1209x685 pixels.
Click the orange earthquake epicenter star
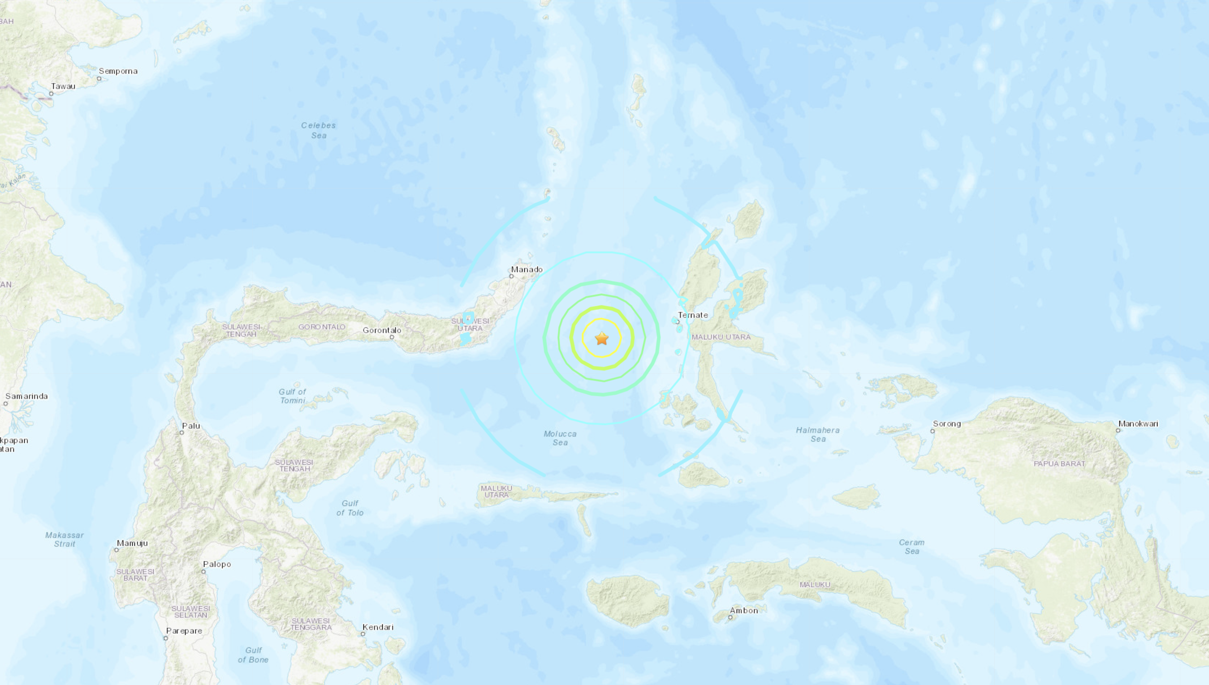[602, 338]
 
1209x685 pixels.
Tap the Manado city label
[527, 270]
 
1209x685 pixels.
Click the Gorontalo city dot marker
[392, 337]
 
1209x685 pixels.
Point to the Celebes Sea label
[319, 130]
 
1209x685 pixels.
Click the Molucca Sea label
[560, 438]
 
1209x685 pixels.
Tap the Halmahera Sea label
[818, 434]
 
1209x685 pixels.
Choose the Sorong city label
[946, 424]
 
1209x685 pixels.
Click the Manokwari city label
[1138, 424]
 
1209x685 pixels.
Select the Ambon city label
[743, 611]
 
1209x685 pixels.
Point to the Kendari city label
[378, 627]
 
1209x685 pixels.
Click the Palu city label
[191, 426]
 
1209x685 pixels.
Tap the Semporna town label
[118, 71]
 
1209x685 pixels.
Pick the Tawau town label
[63, 86]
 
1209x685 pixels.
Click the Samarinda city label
[26, 396]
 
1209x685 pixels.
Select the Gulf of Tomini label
[292, 396]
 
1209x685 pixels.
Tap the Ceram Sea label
[911, 547]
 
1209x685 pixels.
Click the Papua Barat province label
[1059, 464]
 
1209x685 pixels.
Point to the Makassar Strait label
[65, 539]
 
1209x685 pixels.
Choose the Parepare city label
[184, 631]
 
